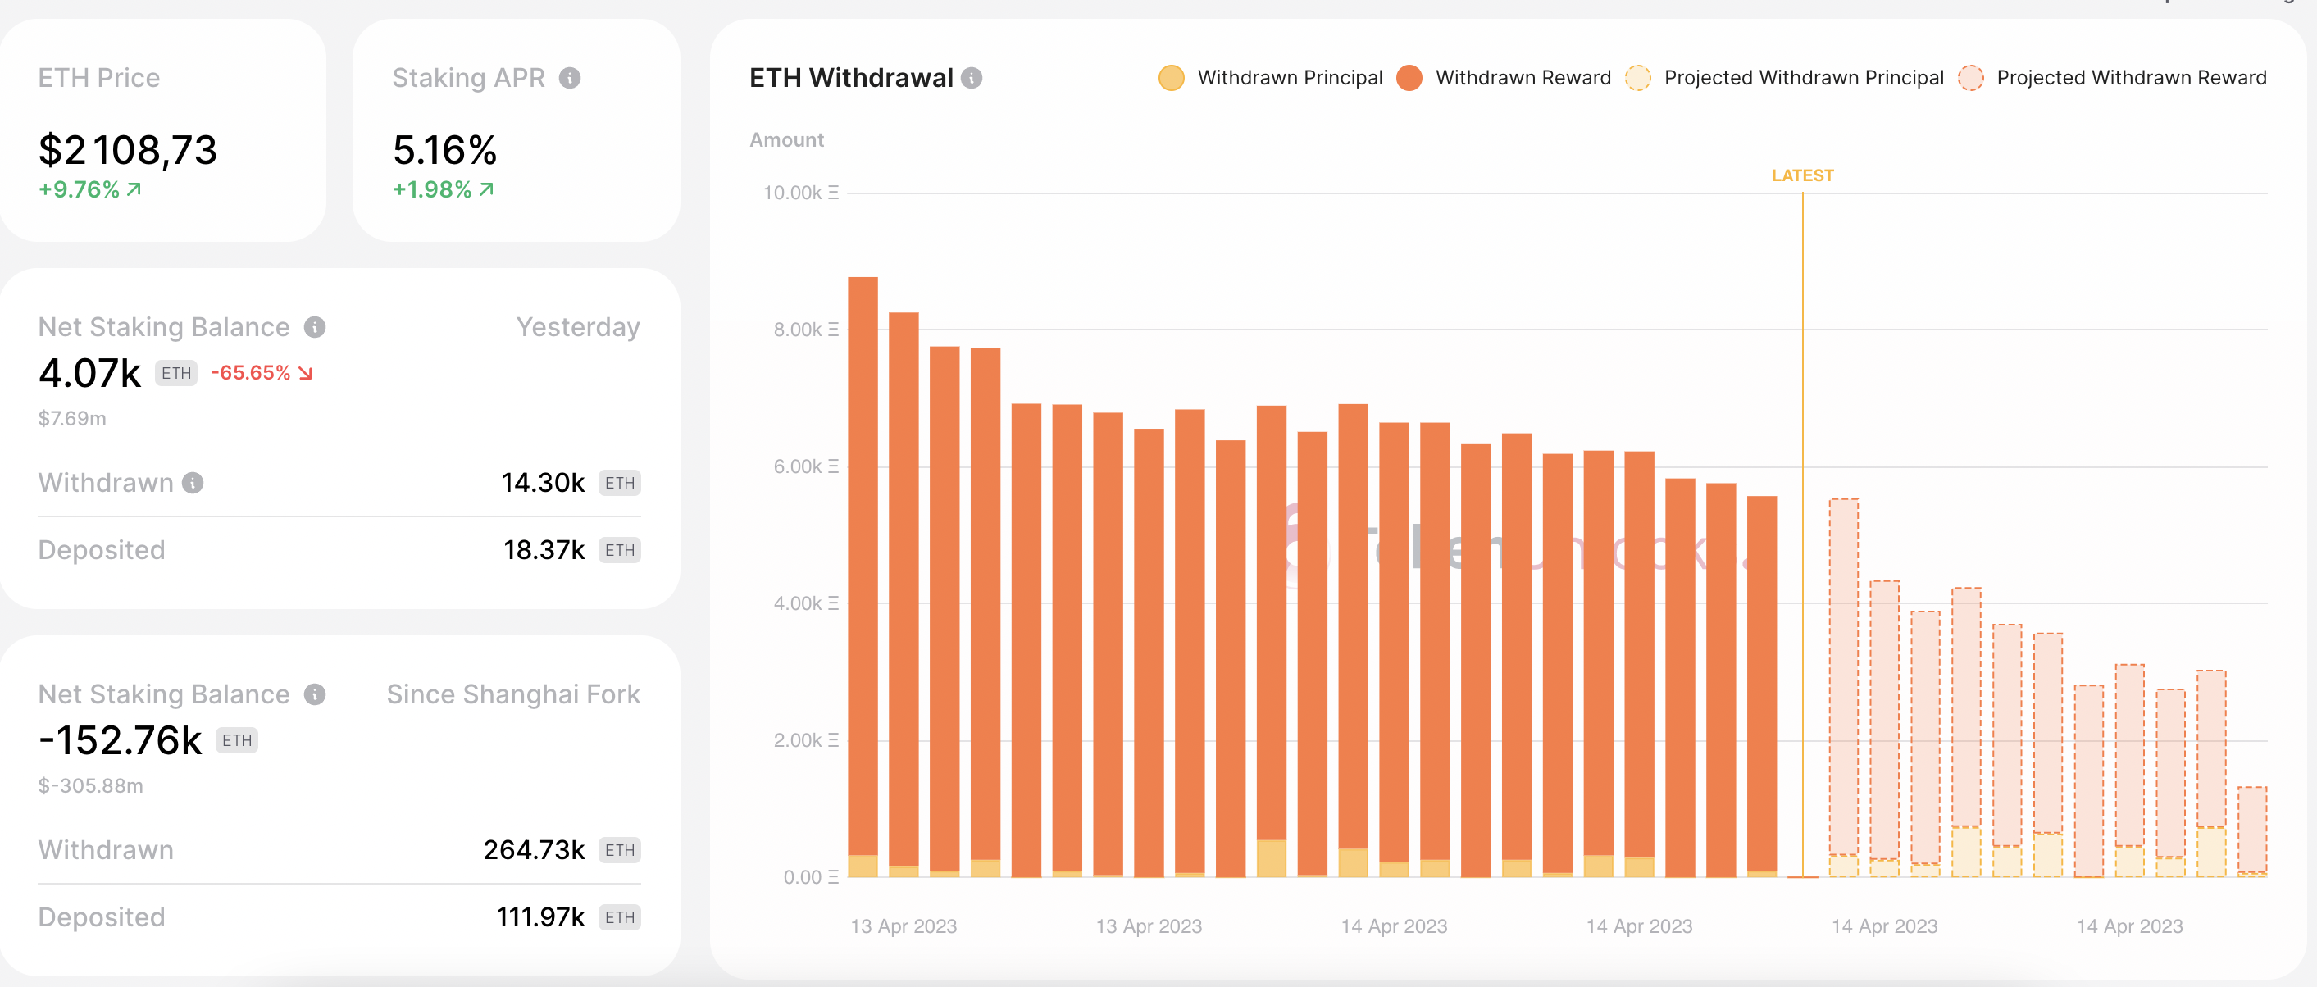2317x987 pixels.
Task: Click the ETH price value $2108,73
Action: tap(127, 150)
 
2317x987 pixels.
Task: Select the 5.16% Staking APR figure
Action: tap(444, 150)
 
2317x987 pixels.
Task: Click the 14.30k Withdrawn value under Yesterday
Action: tap(543, 483)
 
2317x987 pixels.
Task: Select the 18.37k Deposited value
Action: tap(544, 550)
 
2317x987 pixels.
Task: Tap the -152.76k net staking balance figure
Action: tap(121, 740)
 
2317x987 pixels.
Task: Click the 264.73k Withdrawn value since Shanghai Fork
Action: tap(534, 850)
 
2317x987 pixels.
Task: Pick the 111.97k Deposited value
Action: tap(539, 916)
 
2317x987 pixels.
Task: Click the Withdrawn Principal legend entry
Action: tap(1270, 78)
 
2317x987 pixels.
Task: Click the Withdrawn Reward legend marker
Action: tap(1409, 78)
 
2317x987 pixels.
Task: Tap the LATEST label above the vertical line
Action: tap(1801, 175)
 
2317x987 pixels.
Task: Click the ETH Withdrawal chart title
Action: tap(851, 78)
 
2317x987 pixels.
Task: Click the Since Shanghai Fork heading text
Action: tap(512, 694)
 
